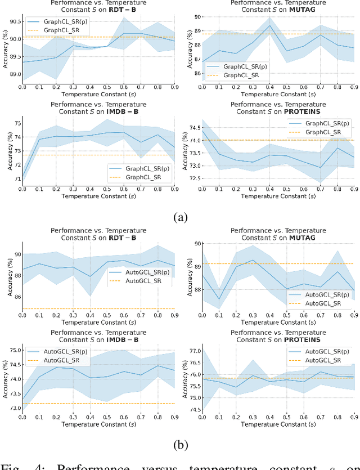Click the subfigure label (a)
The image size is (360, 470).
pyautogui.click(x=180, y=217)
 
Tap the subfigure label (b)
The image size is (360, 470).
pyautogui.click(x=180, y=444)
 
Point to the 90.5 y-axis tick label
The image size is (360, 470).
pyautogui.click(x=13, y=21)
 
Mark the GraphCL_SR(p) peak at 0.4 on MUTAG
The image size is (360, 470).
pyautogui.click(x=269, y=25)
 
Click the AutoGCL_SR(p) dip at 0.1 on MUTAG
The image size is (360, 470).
pyautogui.click(x=219, y=299)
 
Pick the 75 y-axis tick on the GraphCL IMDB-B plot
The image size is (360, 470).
pyautogui.click(x=16, y=123)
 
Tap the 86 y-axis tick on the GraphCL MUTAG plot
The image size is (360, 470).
pyautogui.click(x=197, y=73)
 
